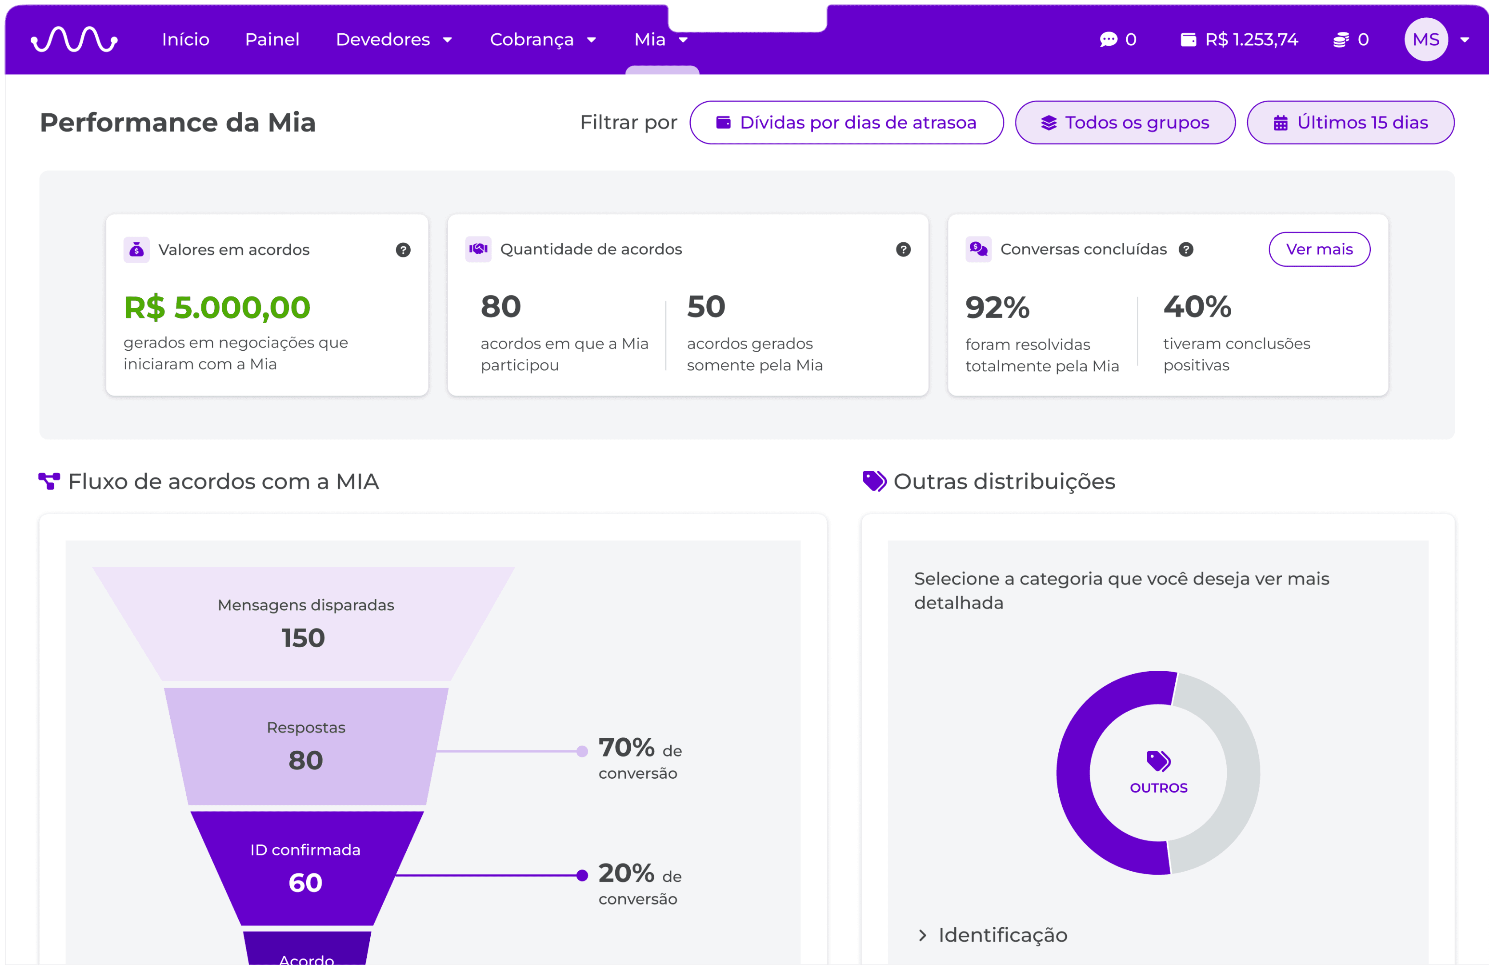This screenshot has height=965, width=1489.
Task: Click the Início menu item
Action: tap(186, 40)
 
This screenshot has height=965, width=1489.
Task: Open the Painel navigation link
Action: tap(272, 40)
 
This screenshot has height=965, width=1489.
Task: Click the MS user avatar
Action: tap(1426, 40)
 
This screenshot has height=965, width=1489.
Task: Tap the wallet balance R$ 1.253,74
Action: tap(1239, 40)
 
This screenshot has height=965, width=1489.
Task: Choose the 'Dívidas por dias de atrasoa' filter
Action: tap(846, 123)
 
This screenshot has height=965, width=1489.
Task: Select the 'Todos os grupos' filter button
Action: tap(1125, 123)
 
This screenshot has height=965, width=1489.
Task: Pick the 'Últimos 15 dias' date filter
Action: tap(1350, 123)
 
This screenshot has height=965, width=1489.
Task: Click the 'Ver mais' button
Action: tap(1320, 249)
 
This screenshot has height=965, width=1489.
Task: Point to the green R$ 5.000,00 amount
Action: tap(217, 307)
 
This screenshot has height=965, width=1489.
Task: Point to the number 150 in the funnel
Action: tap(304, 638)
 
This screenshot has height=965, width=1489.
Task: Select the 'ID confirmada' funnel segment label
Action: tap(305, 850)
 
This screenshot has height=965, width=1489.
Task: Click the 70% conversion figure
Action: tap(626, 747)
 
